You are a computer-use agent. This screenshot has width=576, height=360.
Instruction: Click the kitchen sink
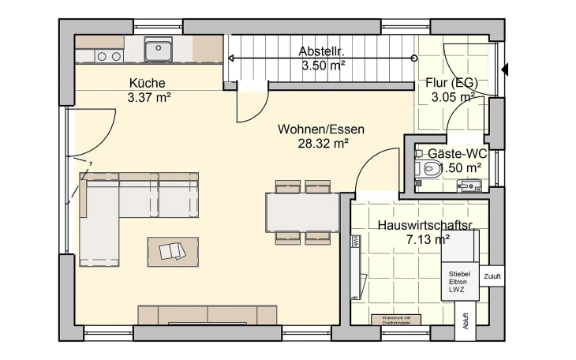point(159,51)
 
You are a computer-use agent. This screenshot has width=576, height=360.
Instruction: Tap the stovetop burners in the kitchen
point(109,56)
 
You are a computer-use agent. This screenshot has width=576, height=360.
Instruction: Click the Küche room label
point(148,83)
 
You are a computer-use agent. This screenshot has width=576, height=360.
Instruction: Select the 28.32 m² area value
point(324,144)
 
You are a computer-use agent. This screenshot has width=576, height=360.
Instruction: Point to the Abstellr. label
point(323,52)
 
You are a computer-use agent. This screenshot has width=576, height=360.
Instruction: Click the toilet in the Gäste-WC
point(428,168)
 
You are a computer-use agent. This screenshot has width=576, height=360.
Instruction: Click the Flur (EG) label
point(452,83)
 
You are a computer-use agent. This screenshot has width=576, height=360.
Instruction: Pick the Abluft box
point(466,323)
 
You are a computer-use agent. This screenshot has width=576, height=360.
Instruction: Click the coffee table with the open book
point(173,251)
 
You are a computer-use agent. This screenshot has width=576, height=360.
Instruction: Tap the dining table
point(303,212)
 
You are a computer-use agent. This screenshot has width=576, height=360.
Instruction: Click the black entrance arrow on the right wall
point(504,69)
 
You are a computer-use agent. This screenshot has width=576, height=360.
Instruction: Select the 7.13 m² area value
point(428,239)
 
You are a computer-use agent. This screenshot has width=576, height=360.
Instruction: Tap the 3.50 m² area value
point(323,66)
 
